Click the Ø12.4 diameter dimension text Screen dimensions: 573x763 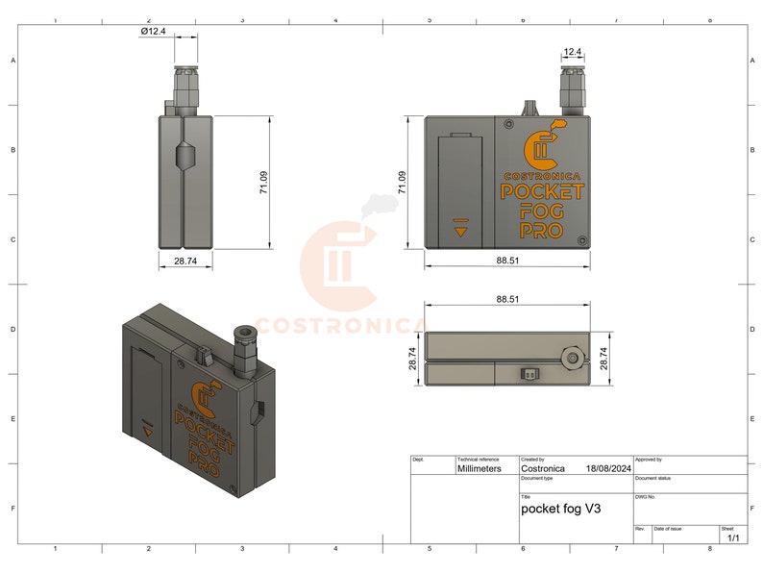click(153, 31)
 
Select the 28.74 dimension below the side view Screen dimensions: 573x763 click(185, 261)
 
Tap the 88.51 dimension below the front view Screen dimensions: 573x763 click(508, 260)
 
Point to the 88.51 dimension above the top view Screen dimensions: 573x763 click(508, 299)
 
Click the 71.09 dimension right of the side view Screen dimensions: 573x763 click(263, 182)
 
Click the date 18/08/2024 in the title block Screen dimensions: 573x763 click(607, 468)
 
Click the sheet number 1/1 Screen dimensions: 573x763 click(734, 538)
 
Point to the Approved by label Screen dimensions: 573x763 click(649, 460)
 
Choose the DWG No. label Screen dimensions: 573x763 click(646, 497)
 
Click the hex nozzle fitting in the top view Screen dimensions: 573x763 click(573, 359)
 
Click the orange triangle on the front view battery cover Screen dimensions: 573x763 click(461, 231)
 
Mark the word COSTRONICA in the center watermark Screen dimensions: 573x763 click(340, 325)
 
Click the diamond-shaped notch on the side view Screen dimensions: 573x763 click(185, 158)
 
